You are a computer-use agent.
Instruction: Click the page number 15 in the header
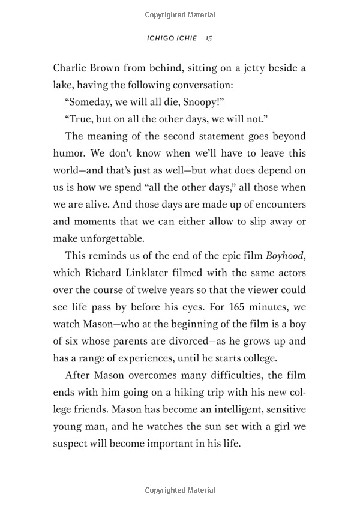(208, 38)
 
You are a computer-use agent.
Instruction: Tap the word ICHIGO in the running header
(159, 38)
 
